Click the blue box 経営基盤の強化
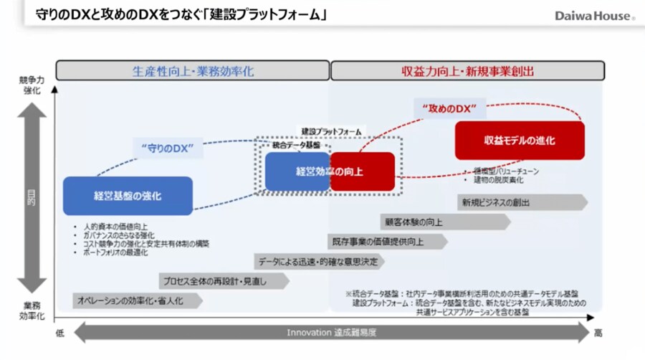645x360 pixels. [x=128, y=196]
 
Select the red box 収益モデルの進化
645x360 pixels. [x=520, y=141]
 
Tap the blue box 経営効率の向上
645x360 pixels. [x=297, y=172]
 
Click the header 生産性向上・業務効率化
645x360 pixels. [x=193, y=71]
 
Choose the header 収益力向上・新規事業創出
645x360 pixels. [x=467, y=71]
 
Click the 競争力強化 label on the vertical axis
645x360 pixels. [x=32, y=86]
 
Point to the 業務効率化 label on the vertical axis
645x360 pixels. [x=32, y=310]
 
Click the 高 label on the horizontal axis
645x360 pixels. [x=598, y=333]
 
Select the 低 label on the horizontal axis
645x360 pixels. [x=60, y=333]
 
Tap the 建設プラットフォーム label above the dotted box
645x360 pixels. [x=331, y=132]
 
